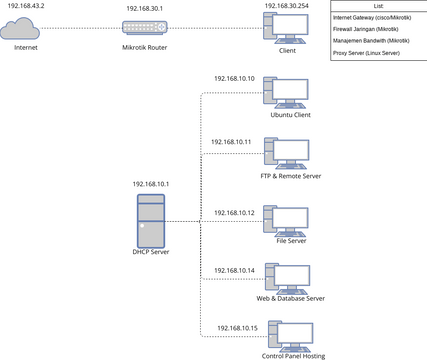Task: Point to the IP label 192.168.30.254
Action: pyautogui.click(x=287, y=6)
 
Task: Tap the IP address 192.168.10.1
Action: pyautogui.click(x=152, y=184)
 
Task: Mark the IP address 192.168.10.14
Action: pyautogui.click(x=234, y=270)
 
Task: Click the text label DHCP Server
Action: pyautogui.click(x=152, y=252)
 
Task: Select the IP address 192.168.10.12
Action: pyautogui.click(x=234, y=213)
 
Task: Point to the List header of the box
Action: pyautogui.click(x=378, y=6)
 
